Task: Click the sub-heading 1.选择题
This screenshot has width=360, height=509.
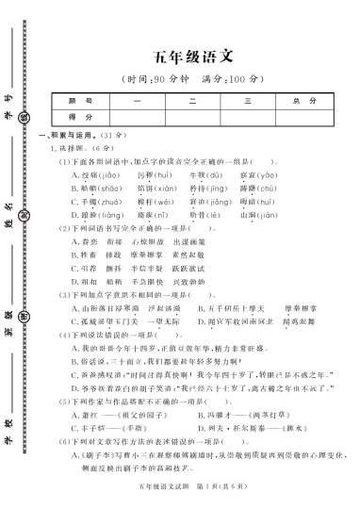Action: point(63,149)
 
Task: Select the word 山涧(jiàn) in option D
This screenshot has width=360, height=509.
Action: point(258,215)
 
